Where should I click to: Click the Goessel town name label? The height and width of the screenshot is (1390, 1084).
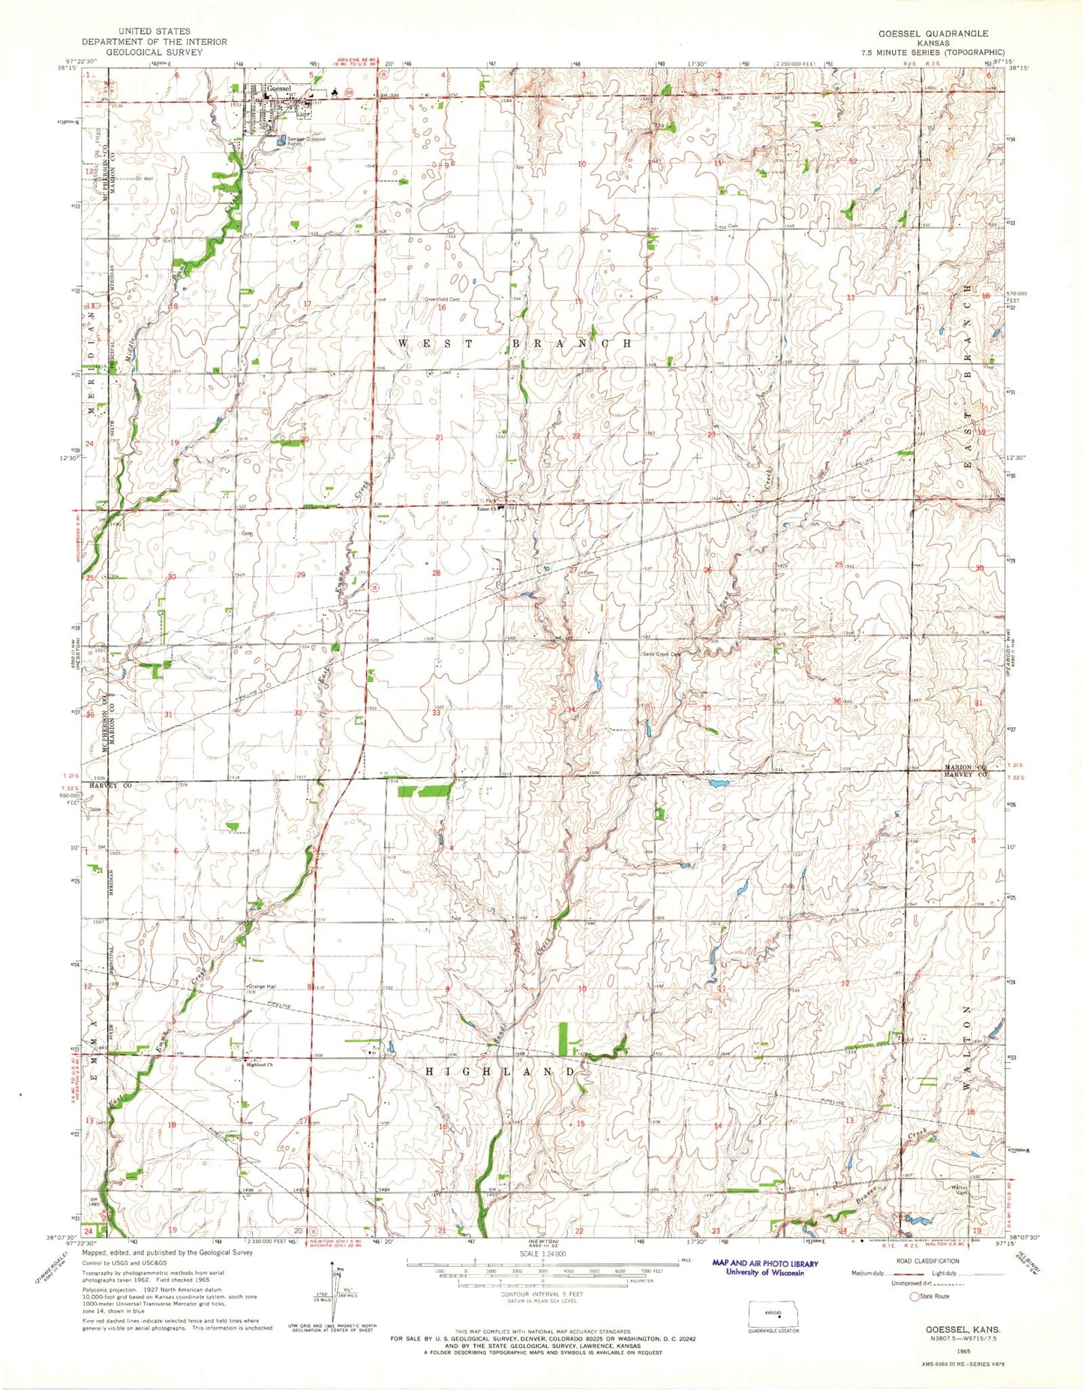(x=278, y=89)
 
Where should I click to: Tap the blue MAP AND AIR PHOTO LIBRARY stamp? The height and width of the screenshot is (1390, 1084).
(x=764, y=1267)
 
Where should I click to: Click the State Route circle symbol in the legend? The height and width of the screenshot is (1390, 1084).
(x=913, y=1296)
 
